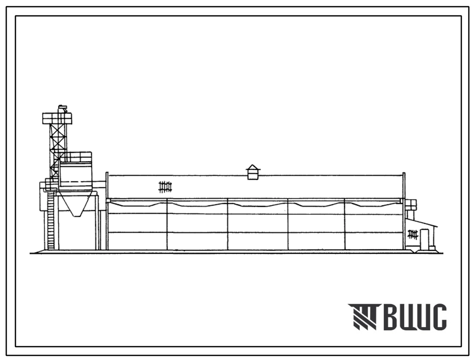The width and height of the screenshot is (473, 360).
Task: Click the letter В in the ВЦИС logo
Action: pyautogui.click(x=390, y=317)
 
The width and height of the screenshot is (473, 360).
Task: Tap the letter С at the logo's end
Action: pyautogui.click(x=439, y=317)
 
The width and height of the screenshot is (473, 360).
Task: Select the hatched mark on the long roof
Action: pyautogui.click(x=165, y=186)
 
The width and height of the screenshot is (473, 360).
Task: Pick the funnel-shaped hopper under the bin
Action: pyautogui.click(x=76, y=205)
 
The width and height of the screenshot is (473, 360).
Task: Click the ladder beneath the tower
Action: pyautogui.click(x=51, y=221)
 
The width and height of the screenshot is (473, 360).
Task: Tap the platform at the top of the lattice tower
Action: pyautogui.click(x=57, y=118)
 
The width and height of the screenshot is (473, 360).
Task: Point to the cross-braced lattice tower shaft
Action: pyautogui.click(x=58, y=146)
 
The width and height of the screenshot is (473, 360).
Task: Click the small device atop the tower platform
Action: pyautogui.click(x=62, y=109)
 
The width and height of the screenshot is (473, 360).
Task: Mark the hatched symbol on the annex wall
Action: pyautogui.click(x=413, y=235)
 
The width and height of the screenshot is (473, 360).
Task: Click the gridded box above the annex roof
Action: pyautogui.click(x=411, y=205)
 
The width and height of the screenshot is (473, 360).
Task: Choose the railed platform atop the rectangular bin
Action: pyautogui.click(x=76, y=157)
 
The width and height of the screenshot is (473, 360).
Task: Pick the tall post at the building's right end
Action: pyautogui.click(x=404, y=211)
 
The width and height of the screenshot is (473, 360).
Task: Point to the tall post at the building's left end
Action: pyautogui.click(x=107, y=211)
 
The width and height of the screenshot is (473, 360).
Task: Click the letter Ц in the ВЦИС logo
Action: pyautogui.click(x=407, y=318)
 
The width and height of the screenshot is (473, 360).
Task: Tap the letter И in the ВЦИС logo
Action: pyautogui.click(x=423, y=317)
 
